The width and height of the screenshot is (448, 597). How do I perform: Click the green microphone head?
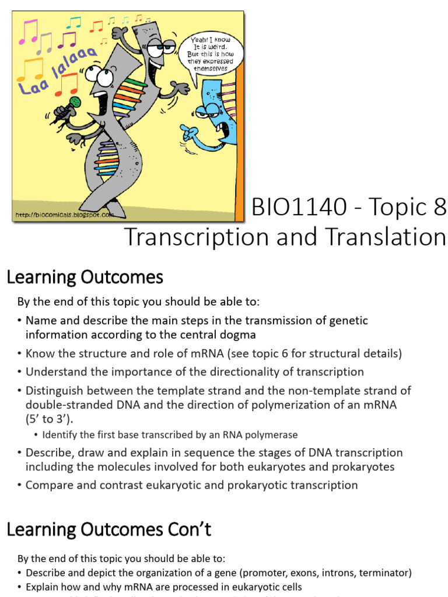pos(74,101)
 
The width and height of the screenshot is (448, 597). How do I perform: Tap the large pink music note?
pos(28,33)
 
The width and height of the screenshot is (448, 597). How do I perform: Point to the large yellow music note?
pos(29,69)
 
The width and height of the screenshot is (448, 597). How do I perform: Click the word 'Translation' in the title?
pos(381,237)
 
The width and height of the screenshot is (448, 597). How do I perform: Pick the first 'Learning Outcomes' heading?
pos(85,278)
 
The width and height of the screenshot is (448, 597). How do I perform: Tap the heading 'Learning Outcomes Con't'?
pos(108,529)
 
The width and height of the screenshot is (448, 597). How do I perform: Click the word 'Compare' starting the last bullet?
pos(50,485)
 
